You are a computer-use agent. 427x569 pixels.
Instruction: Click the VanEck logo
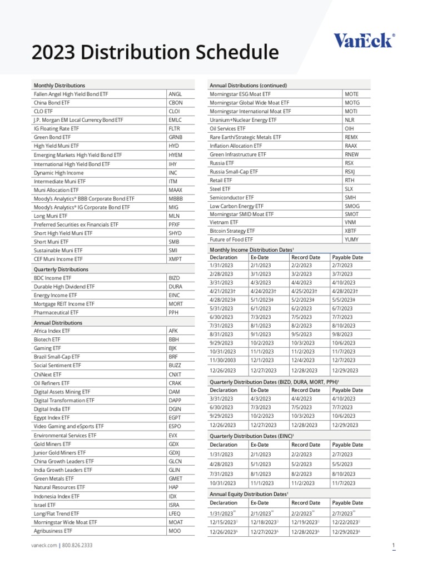click(x=364, y=41)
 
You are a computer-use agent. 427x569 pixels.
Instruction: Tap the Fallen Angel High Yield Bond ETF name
click(x=71, y=94)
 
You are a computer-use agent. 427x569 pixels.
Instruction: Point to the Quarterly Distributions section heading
click(x=61, y=269)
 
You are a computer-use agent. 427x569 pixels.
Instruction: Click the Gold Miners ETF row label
click(x=52, y=444)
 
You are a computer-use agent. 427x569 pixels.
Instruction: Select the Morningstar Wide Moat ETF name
click(x=65, y=522)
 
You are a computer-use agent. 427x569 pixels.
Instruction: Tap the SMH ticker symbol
click(x=350, y=197)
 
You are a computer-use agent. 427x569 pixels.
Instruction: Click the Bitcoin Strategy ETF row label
click(x=232, y=231)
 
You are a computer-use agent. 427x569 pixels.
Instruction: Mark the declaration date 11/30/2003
click(x=222, y=361)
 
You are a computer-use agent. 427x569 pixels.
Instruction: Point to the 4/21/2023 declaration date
click(x=222, y=291)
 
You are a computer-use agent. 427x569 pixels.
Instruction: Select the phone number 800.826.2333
click(x=77, y=546)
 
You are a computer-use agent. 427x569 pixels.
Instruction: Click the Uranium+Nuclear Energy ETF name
click(x=243, y=120)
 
